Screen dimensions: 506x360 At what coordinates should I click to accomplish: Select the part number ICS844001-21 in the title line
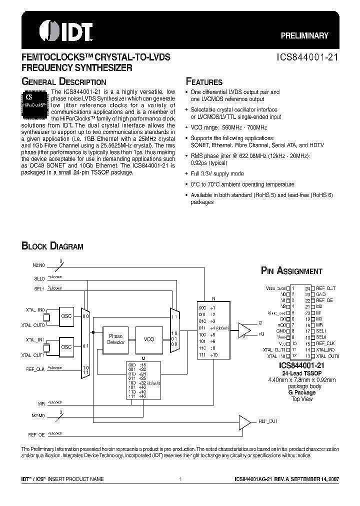[x=308, y=57]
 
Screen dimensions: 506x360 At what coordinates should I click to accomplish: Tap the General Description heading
[x=63, y=82]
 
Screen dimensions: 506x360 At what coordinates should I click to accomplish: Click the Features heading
[x=204, y=82]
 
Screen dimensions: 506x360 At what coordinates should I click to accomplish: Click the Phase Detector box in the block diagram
[x=115, y=339]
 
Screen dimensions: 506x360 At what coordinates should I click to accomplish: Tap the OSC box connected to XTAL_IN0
[x=66, y=316]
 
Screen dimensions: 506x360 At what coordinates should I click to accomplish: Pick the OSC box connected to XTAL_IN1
[x=66, y=347]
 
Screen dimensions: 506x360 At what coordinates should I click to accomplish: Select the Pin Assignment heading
[x=292, y=271]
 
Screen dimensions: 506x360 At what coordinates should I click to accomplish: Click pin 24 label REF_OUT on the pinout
[x=326, y=288]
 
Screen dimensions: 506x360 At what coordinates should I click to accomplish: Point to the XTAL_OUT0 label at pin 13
[x=327, y=356]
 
